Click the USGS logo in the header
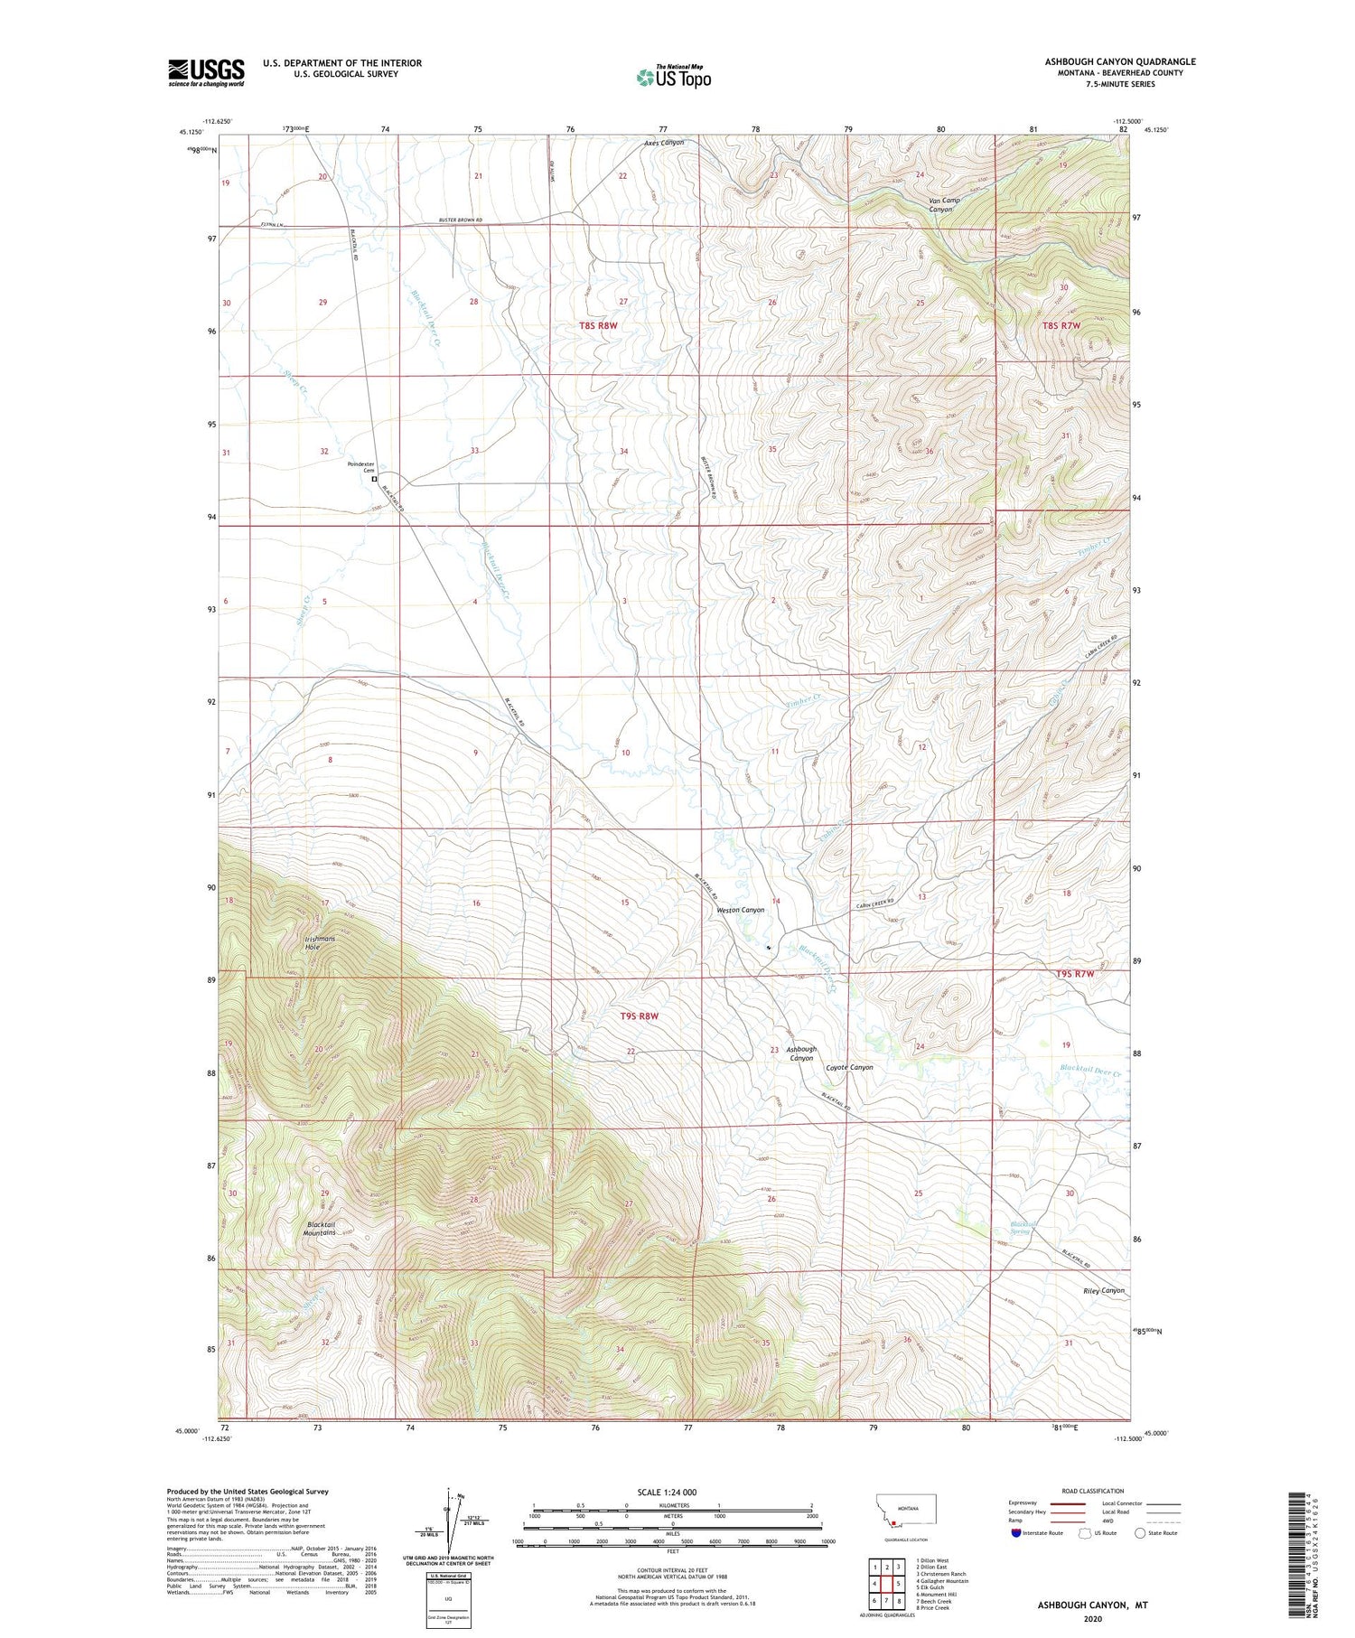coord(206,72)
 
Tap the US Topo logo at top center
coord(673,77)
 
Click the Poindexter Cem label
coord(361,467)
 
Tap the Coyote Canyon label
coord(849,1067)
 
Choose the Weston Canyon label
coord(740,910)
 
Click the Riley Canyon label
coord(1103,1290)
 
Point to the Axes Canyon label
coord(664,143)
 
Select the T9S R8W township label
coord(639,1016)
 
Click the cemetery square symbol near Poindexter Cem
coord(375,480)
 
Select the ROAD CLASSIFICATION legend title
coord(1093,1491)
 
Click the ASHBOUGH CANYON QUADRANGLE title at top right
coord(1120,61)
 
